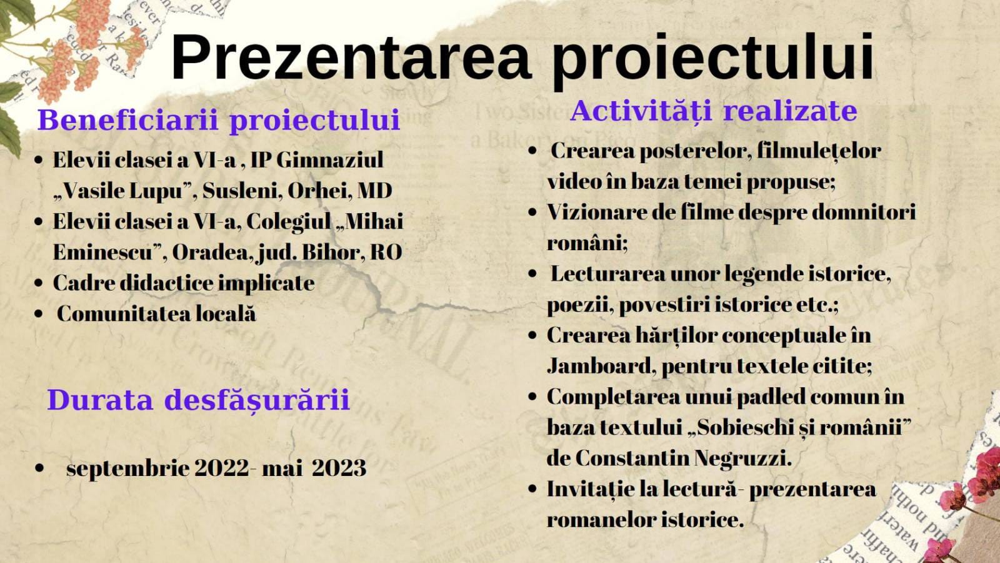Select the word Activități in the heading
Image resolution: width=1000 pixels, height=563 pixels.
(x=641, y=110)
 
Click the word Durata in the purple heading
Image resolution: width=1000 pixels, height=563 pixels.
(x=100, y=399)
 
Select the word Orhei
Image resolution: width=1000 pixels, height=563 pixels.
(x=319, y=191)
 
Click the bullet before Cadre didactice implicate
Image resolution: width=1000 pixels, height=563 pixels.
(x=39, y=283)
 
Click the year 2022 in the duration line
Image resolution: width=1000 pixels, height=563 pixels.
(x=222, y=468)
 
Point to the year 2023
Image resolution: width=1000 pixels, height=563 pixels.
(x=339, y=468)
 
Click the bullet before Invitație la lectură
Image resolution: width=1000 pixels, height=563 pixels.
(x=532, y=489)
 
